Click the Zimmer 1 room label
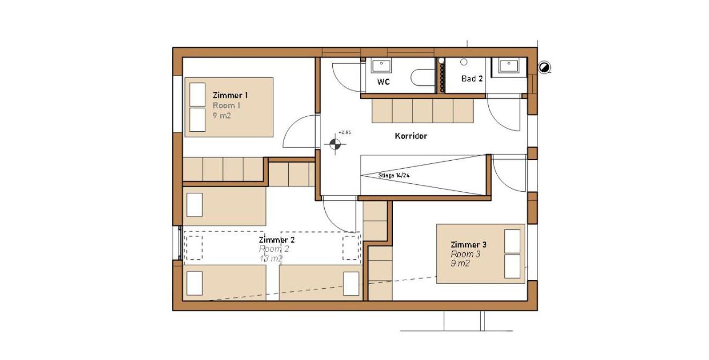[x=230, y=95]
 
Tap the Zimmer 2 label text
[x=277, y=240]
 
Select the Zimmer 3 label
[x=468, y=244]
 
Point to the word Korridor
[x=411, y=136]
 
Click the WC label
[x=383, y=82]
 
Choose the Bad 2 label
[x=472, y=79]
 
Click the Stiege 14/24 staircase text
[x=394, y=175]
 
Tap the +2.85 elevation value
[x=345, y=132]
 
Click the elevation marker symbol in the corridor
[x=335, y=144]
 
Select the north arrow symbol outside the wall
[x=544, y=67]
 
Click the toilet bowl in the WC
[x=423, y=78]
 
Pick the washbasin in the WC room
[x=381, y=66]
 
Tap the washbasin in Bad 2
[x=509, y=66]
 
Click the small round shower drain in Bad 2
[x=464, y=62]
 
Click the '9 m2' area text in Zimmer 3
[x=460, y=264]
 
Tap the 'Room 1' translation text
[x=226, y=106]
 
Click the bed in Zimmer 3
[x=481, y=254]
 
